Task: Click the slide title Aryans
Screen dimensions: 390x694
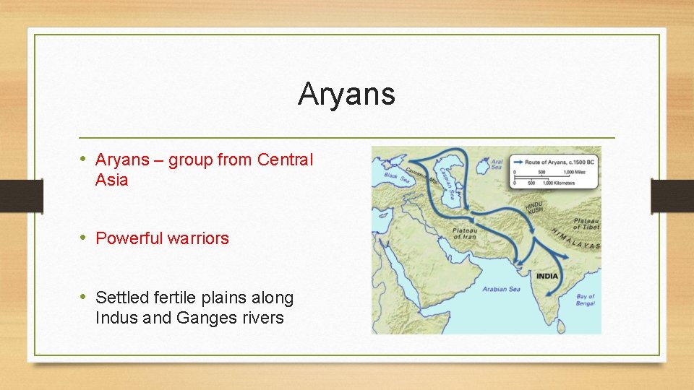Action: [x=346, y=94]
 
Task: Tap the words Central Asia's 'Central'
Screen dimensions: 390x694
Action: [x=285, y=160]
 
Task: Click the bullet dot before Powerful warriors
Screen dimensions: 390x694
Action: [x=85, y=238]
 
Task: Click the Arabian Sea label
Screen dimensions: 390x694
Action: [x=501, y=290]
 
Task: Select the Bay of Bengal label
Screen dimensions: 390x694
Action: [x=586, y=300]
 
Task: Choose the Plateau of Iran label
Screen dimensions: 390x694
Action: [x=465, y=233]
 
